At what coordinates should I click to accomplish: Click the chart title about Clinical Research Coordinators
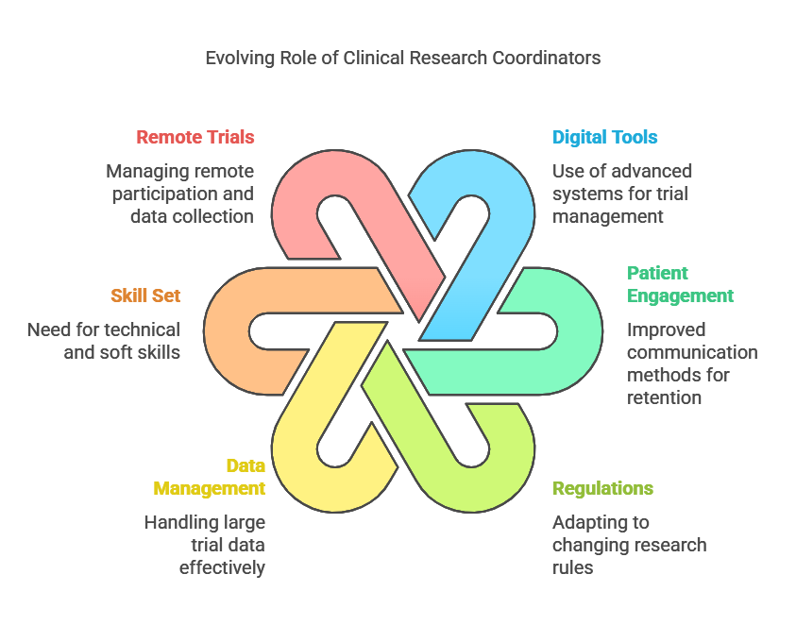403,58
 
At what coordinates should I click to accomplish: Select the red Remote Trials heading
195,137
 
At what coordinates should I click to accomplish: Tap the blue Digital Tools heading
604,137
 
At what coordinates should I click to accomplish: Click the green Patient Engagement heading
680,284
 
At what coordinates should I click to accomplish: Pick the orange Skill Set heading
145,296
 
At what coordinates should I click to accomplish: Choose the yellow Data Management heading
210,477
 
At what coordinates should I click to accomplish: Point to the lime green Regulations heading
602,488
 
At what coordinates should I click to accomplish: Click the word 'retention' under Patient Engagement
664,397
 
